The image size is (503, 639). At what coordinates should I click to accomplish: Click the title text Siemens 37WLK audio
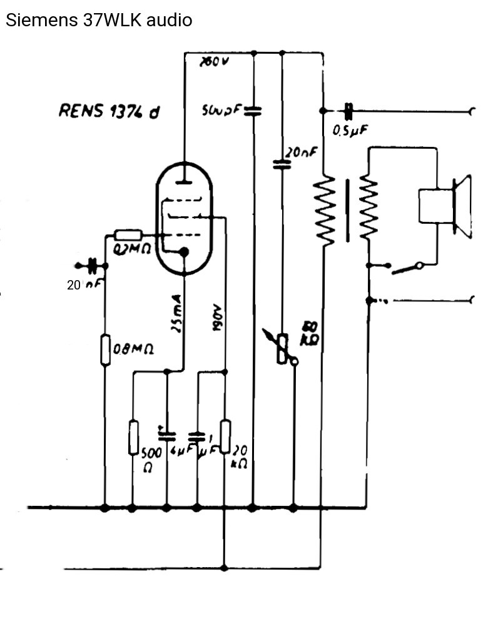coord(99,20)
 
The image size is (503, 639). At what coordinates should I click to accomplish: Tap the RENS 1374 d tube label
coord(109,111)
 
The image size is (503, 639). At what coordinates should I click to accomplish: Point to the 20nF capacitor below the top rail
coord(282,165)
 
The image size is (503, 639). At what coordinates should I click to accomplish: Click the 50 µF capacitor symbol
coord(253,111)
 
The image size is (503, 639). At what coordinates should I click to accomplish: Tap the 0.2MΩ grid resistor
coord(129,236)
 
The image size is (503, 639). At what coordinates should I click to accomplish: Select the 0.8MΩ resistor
coord(105,350)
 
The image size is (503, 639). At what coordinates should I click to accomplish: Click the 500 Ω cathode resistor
coord(133,437)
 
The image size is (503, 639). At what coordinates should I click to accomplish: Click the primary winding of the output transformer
coord(325,209)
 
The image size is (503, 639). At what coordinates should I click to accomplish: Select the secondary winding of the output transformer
coord(368,209)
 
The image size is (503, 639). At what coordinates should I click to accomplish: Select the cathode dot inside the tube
coord(184,251)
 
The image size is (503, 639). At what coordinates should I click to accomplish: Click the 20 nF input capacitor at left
coord(93,266)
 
